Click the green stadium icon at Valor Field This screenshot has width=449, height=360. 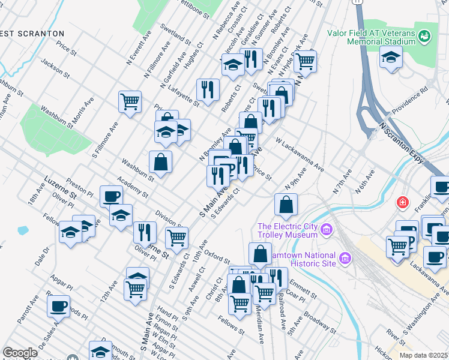426,36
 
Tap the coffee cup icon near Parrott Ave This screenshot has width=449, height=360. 58,305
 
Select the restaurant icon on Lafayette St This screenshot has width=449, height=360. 208,89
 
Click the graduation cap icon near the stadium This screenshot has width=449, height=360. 391,58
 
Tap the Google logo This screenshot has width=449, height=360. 20,353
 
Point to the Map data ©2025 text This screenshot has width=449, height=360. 423,355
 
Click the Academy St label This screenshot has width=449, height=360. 133,190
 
